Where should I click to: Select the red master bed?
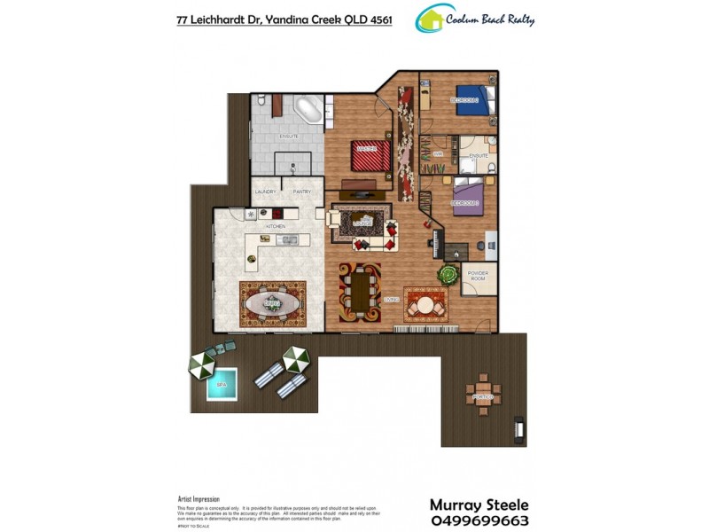(x=370, y=156)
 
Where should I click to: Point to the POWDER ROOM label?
(x=478, y=277)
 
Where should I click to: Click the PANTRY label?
(x=301, y=192)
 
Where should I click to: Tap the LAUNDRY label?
(x=265, y=192)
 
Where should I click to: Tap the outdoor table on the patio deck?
(x=481, y=391)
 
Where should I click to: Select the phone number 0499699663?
(x=479, y=520)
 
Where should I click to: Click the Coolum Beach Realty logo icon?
(x=431, y=18)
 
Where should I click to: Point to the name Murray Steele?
(x=479, y=505)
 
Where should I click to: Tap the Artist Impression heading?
(x=199, y=499)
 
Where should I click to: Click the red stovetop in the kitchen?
(x=277, y=213)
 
